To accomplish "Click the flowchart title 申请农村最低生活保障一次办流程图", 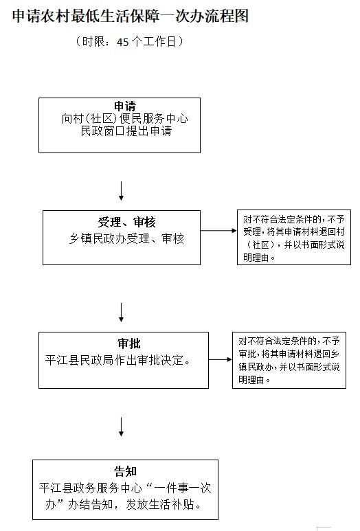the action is [x=131, y=16].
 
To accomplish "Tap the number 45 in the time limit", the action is [x=123, y=42].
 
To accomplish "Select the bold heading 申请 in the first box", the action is [x=125, y=106].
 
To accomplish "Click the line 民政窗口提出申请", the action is [x=126, y=131].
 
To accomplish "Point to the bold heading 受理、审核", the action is [x=126, y=222].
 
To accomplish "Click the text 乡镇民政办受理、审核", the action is [x=126, y=238].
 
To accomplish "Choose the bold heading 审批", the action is [x=128, y=343].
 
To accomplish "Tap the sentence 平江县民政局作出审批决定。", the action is [x=118, y=360].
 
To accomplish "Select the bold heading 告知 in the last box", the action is [x=125, y=471].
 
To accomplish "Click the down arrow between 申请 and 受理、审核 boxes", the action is [x=121, y=191].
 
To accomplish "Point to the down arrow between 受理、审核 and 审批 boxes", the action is [x=121, y=313].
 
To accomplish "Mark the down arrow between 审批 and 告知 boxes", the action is [x=121, y=427].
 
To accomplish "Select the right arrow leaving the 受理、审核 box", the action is [x=218, y=231].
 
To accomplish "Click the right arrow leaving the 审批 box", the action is [x=220, y=359].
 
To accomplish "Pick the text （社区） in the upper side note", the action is [x=261, y=245].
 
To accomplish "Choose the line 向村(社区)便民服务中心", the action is [x=124, y=119].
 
